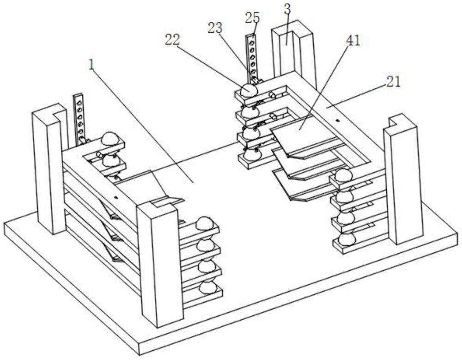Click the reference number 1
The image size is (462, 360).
tap(91, 65)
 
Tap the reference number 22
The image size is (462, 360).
tap(172, 39)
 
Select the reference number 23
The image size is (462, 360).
tap(215, 28)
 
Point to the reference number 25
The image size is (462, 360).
tap(253, 18)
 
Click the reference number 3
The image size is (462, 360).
tap(287, 9)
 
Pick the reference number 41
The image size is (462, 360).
tap(353, 41)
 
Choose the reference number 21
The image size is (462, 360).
tap(393, 81)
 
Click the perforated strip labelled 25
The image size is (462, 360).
tap(252, 57)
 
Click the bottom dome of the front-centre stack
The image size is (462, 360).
tap(208, 287)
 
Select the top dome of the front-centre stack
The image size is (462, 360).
tap(205, 223)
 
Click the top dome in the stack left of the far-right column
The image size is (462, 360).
tap(343, 176)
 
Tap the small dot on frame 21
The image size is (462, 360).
tap(338, 120)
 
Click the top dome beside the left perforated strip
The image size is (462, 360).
tap(109, 138)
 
